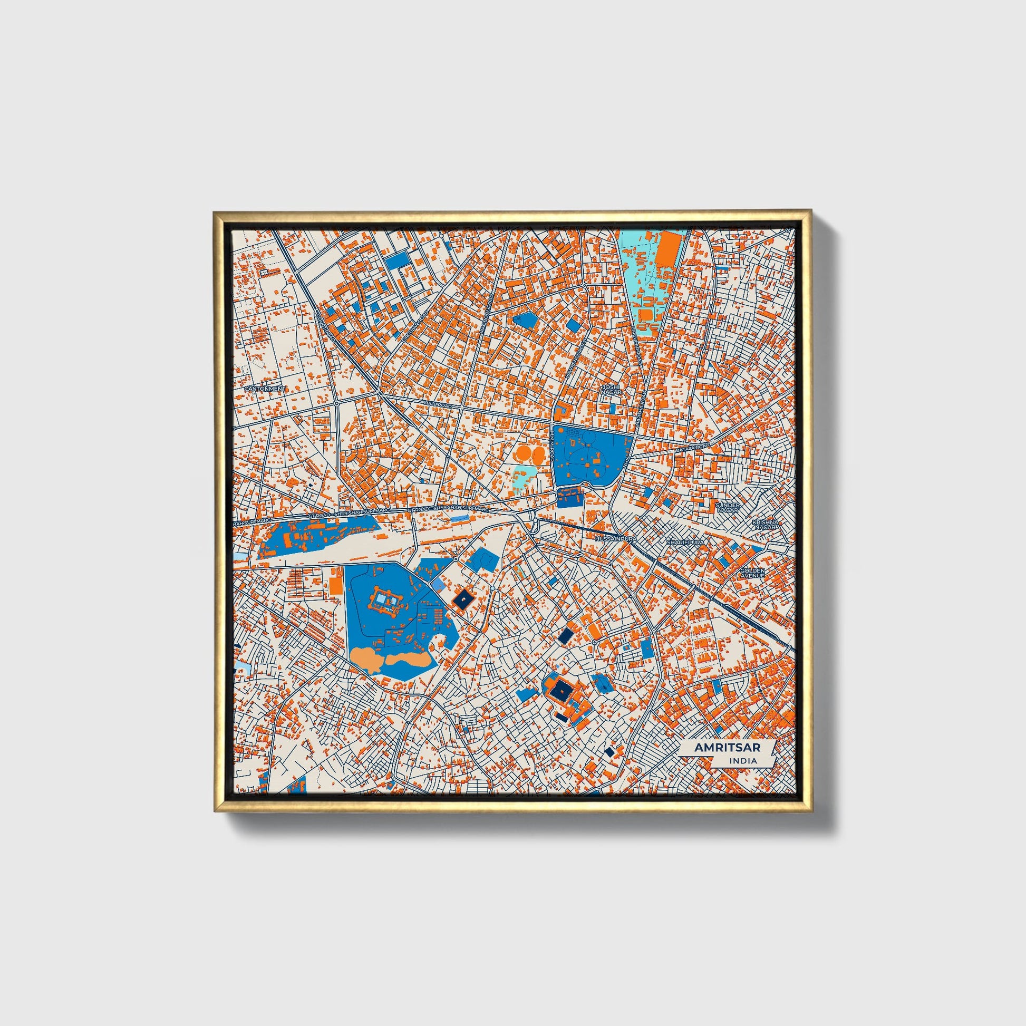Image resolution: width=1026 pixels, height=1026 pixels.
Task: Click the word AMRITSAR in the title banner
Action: click(727, 747)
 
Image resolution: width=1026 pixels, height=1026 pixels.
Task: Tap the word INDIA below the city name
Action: click(743, 761)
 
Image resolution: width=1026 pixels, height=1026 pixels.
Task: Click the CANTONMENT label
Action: click(265, 389)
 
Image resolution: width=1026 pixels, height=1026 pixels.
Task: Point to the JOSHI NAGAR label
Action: click(610, 389)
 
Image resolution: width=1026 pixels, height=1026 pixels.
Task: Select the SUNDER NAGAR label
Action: click(727, 507)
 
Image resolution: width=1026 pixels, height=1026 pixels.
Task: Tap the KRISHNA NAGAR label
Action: click(764, 524)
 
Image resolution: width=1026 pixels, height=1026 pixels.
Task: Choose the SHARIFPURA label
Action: click(685, 543)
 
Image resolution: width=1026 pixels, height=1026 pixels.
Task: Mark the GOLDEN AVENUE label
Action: click(752, 573)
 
